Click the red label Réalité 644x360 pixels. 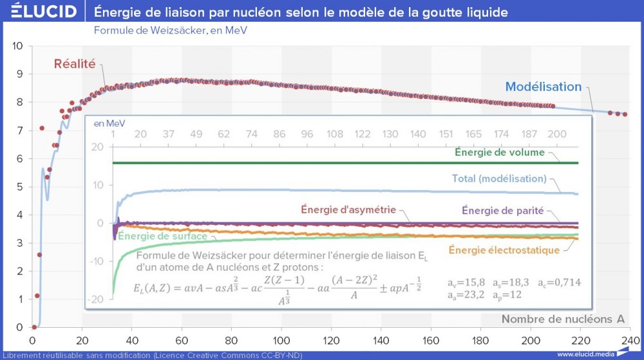pos(75,64)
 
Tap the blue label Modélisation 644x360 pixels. pos(543,86)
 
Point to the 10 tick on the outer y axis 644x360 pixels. pos(18,46)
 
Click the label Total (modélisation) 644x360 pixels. pos(500,178)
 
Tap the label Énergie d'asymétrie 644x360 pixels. pos(348,210)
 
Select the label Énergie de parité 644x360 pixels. pos(503,210)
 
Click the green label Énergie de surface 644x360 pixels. pos(162,236)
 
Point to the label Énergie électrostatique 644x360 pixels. pos(504,250)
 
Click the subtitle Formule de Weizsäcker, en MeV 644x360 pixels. pos(171,30)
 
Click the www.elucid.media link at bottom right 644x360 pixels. pos(584,354)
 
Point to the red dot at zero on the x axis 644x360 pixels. pos(34,327)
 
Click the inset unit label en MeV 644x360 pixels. pos(109,122)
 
